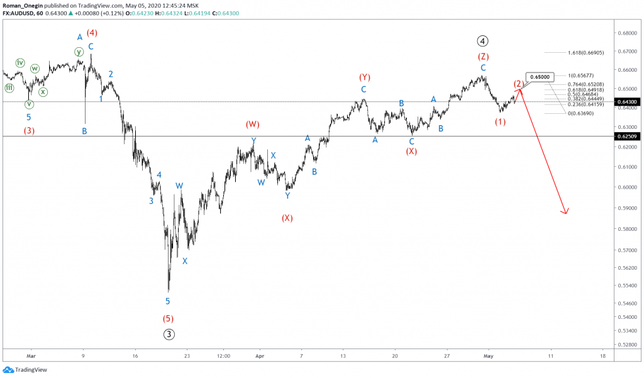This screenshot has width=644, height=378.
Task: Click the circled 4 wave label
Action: tap(482, 42)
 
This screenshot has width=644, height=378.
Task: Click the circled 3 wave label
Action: tap(169, 334)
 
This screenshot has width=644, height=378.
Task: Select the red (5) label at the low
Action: tap(168, 318)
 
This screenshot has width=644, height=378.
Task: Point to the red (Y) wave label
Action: tap(364, 77)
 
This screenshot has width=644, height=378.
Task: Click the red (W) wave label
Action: tap(253, 125)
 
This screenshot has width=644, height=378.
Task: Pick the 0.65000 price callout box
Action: tap(540, 77)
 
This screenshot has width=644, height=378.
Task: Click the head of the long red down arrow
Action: tap(566, 213)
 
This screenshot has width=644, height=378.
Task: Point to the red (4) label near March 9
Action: tap(92, 33)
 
